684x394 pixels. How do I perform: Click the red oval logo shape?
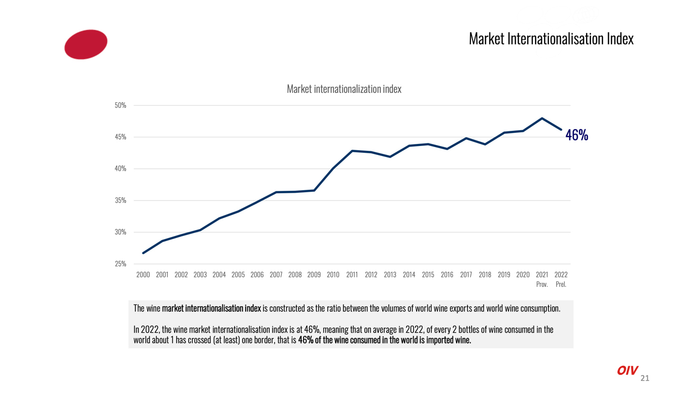click(86, 44)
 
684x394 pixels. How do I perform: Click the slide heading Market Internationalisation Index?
click(551, 39)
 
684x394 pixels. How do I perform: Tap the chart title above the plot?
click(344, 89)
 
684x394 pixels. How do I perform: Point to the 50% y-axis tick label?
click(120, 106)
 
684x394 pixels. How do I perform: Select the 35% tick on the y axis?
click(120, 201)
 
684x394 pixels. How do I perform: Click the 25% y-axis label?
click(120, 264)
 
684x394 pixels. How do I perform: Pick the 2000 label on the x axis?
click(143, 275)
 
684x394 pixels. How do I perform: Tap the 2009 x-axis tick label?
click(314, 275)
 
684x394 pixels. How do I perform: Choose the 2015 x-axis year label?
click(428, 275)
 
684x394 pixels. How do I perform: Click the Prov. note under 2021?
click(542, 285)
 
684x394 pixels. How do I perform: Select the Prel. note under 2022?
click(561, 285)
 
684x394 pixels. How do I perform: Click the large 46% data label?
click(577, 136)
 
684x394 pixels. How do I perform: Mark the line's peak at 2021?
click(542, 118)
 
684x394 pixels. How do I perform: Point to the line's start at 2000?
click(143, 253)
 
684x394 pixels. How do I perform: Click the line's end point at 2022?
click(561, 129)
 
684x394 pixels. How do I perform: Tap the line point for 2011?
click(352, 151)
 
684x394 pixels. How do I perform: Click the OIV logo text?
click(627, 371)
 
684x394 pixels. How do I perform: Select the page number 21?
click(645, 378)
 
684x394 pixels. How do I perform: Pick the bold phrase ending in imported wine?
click(384, 340)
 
